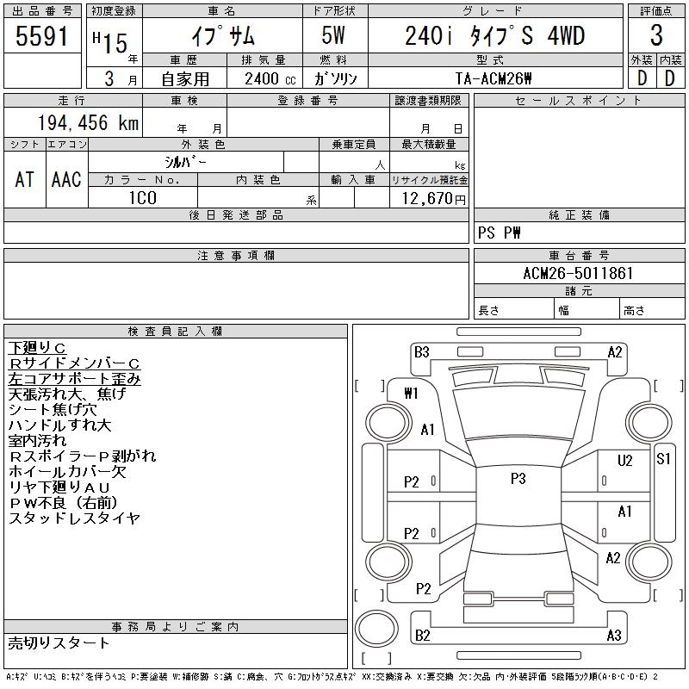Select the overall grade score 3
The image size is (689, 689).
coord(656,35)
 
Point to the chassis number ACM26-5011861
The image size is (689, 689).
coord(579,274)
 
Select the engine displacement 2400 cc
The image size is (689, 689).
coord(264,78)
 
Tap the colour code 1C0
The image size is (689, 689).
coord(142,198)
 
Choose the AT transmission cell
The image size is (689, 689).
coord(25,180)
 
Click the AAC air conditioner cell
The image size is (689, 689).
coord(66,180)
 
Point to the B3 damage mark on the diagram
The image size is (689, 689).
coord(422,351)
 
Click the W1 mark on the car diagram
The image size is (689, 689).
coord(411,394)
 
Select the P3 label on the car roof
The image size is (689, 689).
coord(518,479)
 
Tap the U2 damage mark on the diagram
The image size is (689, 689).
coord(625,461)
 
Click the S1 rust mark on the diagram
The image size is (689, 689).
coord(663,458)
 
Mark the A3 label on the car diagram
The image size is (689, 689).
coord(614,636)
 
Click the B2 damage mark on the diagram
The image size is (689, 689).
coord(422,636)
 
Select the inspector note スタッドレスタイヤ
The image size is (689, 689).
coord(74,518)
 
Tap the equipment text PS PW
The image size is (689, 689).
coord(500,233)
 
